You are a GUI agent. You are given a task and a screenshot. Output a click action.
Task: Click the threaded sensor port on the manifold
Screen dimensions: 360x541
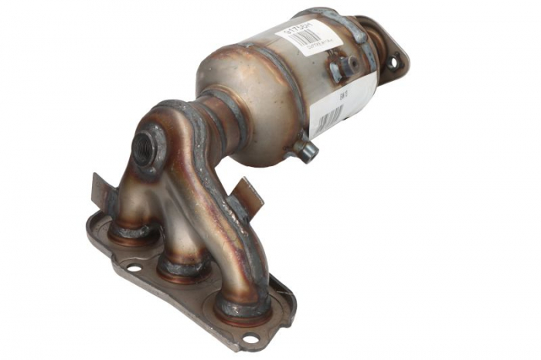[x=144, y=147]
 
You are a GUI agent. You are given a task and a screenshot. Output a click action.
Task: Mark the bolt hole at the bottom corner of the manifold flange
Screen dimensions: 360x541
[x=249, y=338]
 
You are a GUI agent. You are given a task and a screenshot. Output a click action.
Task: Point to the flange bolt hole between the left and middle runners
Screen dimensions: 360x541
[x=134, y=268]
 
